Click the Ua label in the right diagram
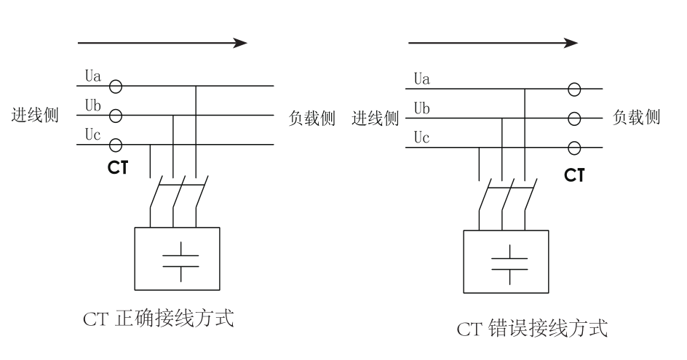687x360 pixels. [421, 77]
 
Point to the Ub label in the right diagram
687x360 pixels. [421, 108]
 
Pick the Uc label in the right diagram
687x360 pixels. [421, 137]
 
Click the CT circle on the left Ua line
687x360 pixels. [115, 87]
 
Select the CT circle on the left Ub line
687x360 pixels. [115, 115]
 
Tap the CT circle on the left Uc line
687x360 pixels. [115, 144]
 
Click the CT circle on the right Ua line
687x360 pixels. [574, 89]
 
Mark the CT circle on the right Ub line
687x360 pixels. [574, 118]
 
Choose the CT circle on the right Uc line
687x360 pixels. [574, 147]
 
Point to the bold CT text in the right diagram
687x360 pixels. [574, 174]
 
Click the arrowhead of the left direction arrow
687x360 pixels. [240, 43]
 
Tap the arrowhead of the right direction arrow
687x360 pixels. [571, 43]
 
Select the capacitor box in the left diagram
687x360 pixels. [177, 258]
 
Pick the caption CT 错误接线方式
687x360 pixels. [531, 329]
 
